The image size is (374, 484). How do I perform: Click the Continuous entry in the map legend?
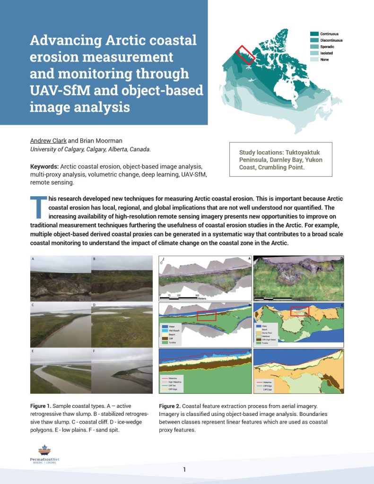click(x=329, y=34)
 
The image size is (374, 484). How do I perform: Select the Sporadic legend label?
click(x=326, y=47)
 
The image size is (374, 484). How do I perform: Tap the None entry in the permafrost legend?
click(x=324, y=60)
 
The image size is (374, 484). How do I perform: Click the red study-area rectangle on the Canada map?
click(x=245, y=55)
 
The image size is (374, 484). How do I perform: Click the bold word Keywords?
click(x=44, y=167)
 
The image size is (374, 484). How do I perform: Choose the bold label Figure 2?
click(x=170, y=406)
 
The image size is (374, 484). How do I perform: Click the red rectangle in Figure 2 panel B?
click(x=206, y=316)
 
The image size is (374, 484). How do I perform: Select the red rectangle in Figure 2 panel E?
click(x=299, y=311)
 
